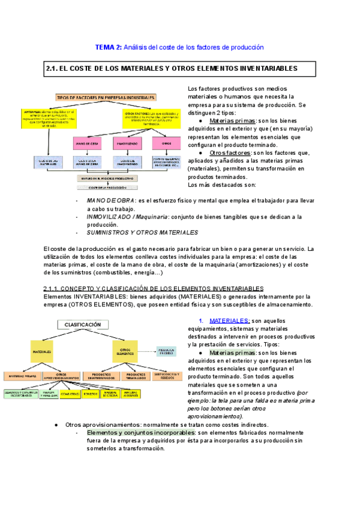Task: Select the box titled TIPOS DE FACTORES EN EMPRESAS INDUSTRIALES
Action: pos(106,97)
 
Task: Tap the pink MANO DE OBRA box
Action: pos(88,144)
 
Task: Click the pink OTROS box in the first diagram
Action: pos(166,144)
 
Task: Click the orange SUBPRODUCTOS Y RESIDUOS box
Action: pos(160,376)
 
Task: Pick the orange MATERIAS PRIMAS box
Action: pos(23,376)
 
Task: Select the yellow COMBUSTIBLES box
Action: pos(70,394)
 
